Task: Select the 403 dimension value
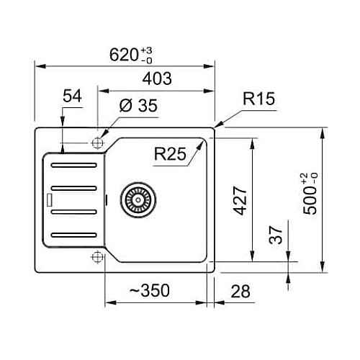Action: tap(157, 78)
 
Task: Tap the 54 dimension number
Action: tap(72, 96)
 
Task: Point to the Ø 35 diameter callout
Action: tap(138, 105)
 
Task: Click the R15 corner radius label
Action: tap(258, 99)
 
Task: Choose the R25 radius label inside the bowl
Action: tap(170, 154)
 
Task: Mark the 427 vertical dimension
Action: tap(240, 200)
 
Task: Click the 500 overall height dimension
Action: tap(310, 194)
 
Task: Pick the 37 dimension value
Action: tap(276, 235)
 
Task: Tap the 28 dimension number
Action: tap(240, 291)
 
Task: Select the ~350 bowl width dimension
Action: tap(150, 290)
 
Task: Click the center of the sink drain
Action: tap(138, 200)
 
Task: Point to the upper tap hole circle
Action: tap(97, 143)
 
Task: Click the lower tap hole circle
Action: tap(97, 257)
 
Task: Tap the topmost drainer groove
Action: tap(74, 165)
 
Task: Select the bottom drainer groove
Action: tap(74, 235)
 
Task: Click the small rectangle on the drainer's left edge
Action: tap(50, 200)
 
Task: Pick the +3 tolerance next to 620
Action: tap(146, 50)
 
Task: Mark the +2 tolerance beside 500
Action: tap(305, 179)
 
